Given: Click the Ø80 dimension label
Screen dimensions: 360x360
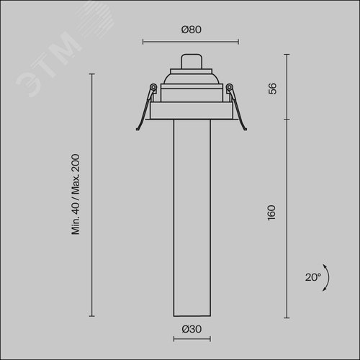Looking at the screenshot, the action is tap(192, 30).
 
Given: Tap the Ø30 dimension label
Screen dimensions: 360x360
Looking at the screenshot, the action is tap(192, 329).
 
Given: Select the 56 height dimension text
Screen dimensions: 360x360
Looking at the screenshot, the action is tap(272, 89).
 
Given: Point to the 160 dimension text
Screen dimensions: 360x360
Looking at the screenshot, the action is tap(271, 212).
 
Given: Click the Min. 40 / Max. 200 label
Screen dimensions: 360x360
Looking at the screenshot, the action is tap(76, 194).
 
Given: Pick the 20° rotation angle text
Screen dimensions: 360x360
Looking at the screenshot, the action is tap(313, 277).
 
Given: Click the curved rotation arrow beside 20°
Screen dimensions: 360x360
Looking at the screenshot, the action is tap(328, 278).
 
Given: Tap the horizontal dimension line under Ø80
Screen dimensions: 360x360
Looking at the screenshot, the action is tap(191, 42).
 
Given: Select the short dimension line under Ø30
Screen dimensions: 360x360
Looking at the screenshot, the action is tap(192, 339).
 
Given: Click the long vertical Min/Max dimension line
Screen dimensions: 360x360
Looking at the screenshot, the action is tap(91, 195).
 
